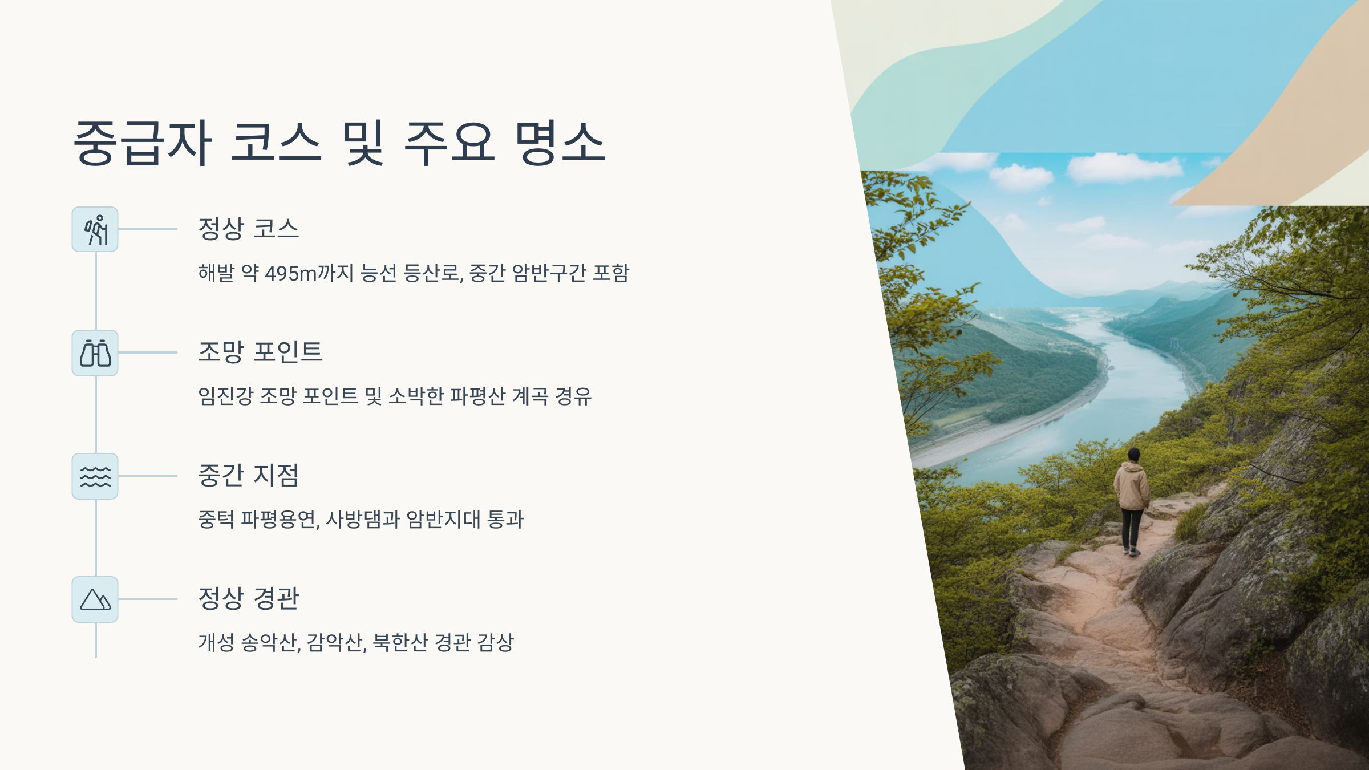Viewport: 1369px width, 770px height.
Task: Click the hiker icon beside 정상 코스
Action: pyautogui.click(x=95, y=229)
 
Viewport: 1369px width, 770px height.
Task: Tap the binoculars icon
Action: pyautogui.click(x=95, y=353)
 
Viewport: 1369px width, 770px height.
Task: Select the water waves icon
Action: pyautogui.click(x=95, y=476)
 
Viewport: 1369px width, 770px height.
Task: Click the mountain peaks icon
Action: pyautogui.click(x=95, y=599)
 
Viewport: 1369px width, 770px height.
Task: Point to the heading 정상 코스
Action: pyautogui.click(x=248, y=229)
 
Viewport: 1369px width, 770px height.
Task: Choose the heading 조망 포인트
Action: pyautogui.click(x=260, y=352)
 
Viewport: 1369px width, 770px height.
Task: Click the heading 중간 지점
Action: pyautogui.click(x=248, y=475)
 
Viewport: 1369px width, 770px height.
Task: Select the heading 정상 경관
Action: pyautogui.click(x=248, y=598)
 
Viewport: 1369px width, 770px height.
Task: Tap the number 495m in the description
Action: pyautogui.click(x=291, y=273)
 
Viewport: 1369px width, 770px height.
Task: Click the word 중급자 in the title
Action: pyautogui.click(x=143, y=143)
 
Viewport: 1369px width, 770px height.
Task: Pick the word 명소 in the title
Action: pyautogui.click(x=559, y=143)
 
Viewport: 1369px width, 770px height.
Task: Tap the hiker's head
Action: pyautogui.click(x=1133, y=455)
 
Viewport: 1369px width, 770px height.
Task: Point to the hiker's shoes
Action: pyautogui.click(x=1131, y=551)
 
